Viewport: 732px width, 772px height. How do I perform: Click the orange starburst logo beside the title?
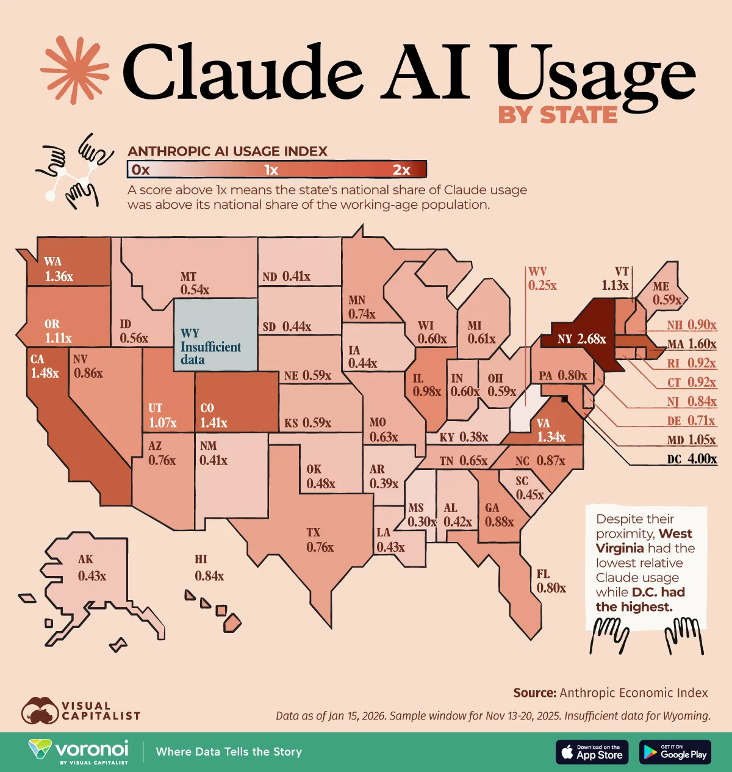(x=74, y=70)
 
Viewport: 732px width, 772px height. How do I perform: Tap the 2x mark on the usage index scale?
(x=401, y=170)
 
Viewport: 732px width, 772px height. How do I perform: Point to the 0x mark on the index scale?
(x=141, y=170)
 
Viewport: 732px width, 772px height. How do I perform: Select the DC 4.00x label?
(x=692, y=459)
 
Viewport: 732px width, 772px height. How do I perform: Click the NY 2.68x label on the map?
(x=581, y=339)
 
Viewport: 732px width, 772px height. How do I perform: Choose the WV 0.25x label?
(x=542, y=278)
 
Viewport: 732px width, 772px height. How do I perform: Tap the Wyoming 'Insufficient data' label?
(x=210, y=346)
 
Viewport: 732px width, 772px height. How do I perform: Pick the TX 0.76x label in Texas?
(x=320, y=540)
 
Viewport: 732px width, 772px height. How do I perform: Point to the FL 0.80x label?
(x=551, y=582)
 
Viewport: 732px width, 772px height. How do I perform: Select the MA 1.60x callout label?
(x=692, y=344)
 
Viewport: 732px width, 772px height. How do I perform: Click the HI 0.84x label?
(x=209, y=568)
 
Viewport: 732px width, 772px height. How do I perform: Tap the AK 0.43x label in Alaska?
(x=92, y=568)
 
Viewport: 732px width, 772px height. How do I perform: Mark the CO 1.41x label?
(x=213, y=416)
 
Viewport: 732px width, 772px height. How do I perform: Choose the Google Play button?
(x=676, y=752)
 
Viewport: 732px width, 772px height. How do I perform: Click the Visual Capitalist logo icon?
(x=39, y=711)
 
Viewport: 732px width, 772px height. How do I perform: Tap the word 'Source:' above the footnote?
(x=534, y=693)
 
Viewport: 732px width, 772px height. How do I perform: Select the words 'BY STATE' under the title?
(x=558, y=115)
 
